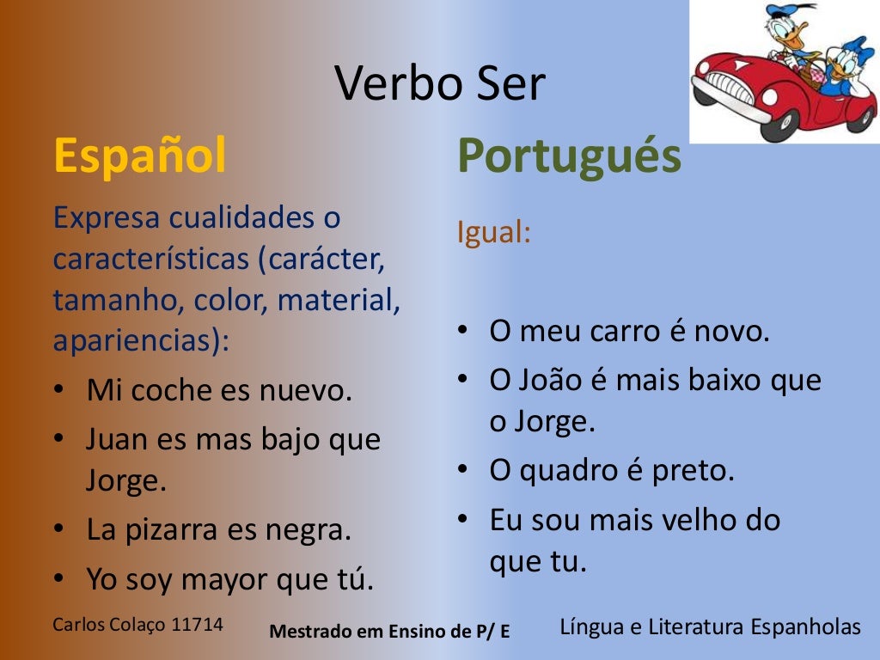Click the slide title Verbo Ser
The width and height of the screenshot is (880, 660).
click(440, 84)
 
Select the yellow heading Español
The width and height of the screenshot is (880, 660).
click(140, 155)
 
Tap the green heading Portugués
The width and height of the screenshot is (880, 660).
click(569, 156)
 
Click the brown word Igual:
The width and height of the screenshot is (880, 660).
click(494, 233)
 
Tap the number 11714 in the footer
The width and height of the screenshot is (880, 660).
click(198, 625)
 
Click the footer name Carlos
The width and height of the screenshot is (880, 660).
click(79, 625)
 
